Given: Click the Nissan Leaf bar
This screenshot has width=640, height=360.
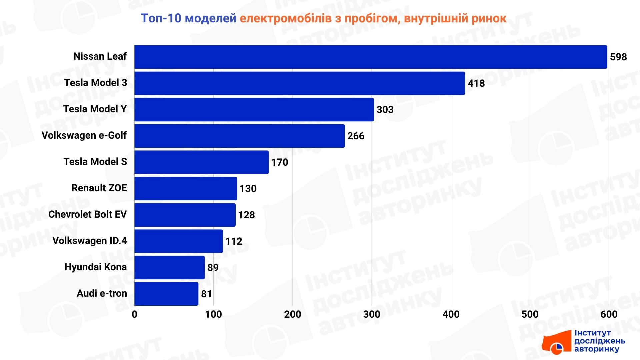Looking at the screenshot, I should pos(371,57).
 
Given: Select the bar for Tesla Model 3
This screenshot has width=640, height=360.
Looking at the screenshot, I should pos(299,83).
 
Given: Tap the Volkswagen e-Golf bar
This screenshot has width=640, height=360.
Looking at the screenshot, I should pos(239,136).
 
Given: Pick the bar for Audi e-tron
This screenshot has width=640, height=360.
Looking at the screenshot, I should pos(166,294).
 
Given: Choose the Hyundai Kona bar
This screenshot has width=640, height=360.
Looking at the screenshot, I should pos(169,268).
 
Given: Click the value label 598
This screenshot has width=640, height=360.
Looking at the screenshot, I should pos(618,57).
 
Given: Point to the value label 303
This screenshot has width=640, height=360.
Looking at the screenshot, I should pos(385,110).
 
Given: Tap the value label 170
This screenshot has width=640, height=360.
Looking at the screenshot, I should pos(280,162).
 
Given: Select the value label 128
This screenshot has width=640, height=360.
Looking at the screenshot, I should pos(246,215).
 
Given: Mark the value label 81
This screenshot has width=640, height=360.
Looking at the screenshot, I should pos(206,294).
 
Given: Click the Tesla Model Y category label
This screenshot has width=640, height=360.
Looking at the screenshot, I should pos(95,109).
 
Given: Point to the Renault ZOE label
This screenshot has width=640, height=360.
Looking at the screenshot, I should pos(99,188).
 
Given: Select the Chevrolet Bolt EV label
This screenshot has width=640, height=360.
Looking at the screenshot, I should pos(87,214).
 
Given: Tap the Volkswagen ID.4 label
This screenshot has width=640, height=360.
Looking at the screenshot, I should pos(90,241).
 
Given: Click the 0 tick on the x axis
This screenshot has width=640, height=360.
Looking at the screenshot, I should pos(134,314).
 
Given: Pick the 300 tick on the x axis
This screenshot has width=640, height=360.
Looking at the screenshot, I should pos(372,314).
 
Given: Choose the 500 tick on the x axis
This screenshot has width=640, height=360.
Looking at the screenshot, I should pos(530,314).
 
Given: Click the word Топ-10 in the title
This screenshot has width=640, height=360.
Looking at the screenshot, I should pos(161,18).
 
